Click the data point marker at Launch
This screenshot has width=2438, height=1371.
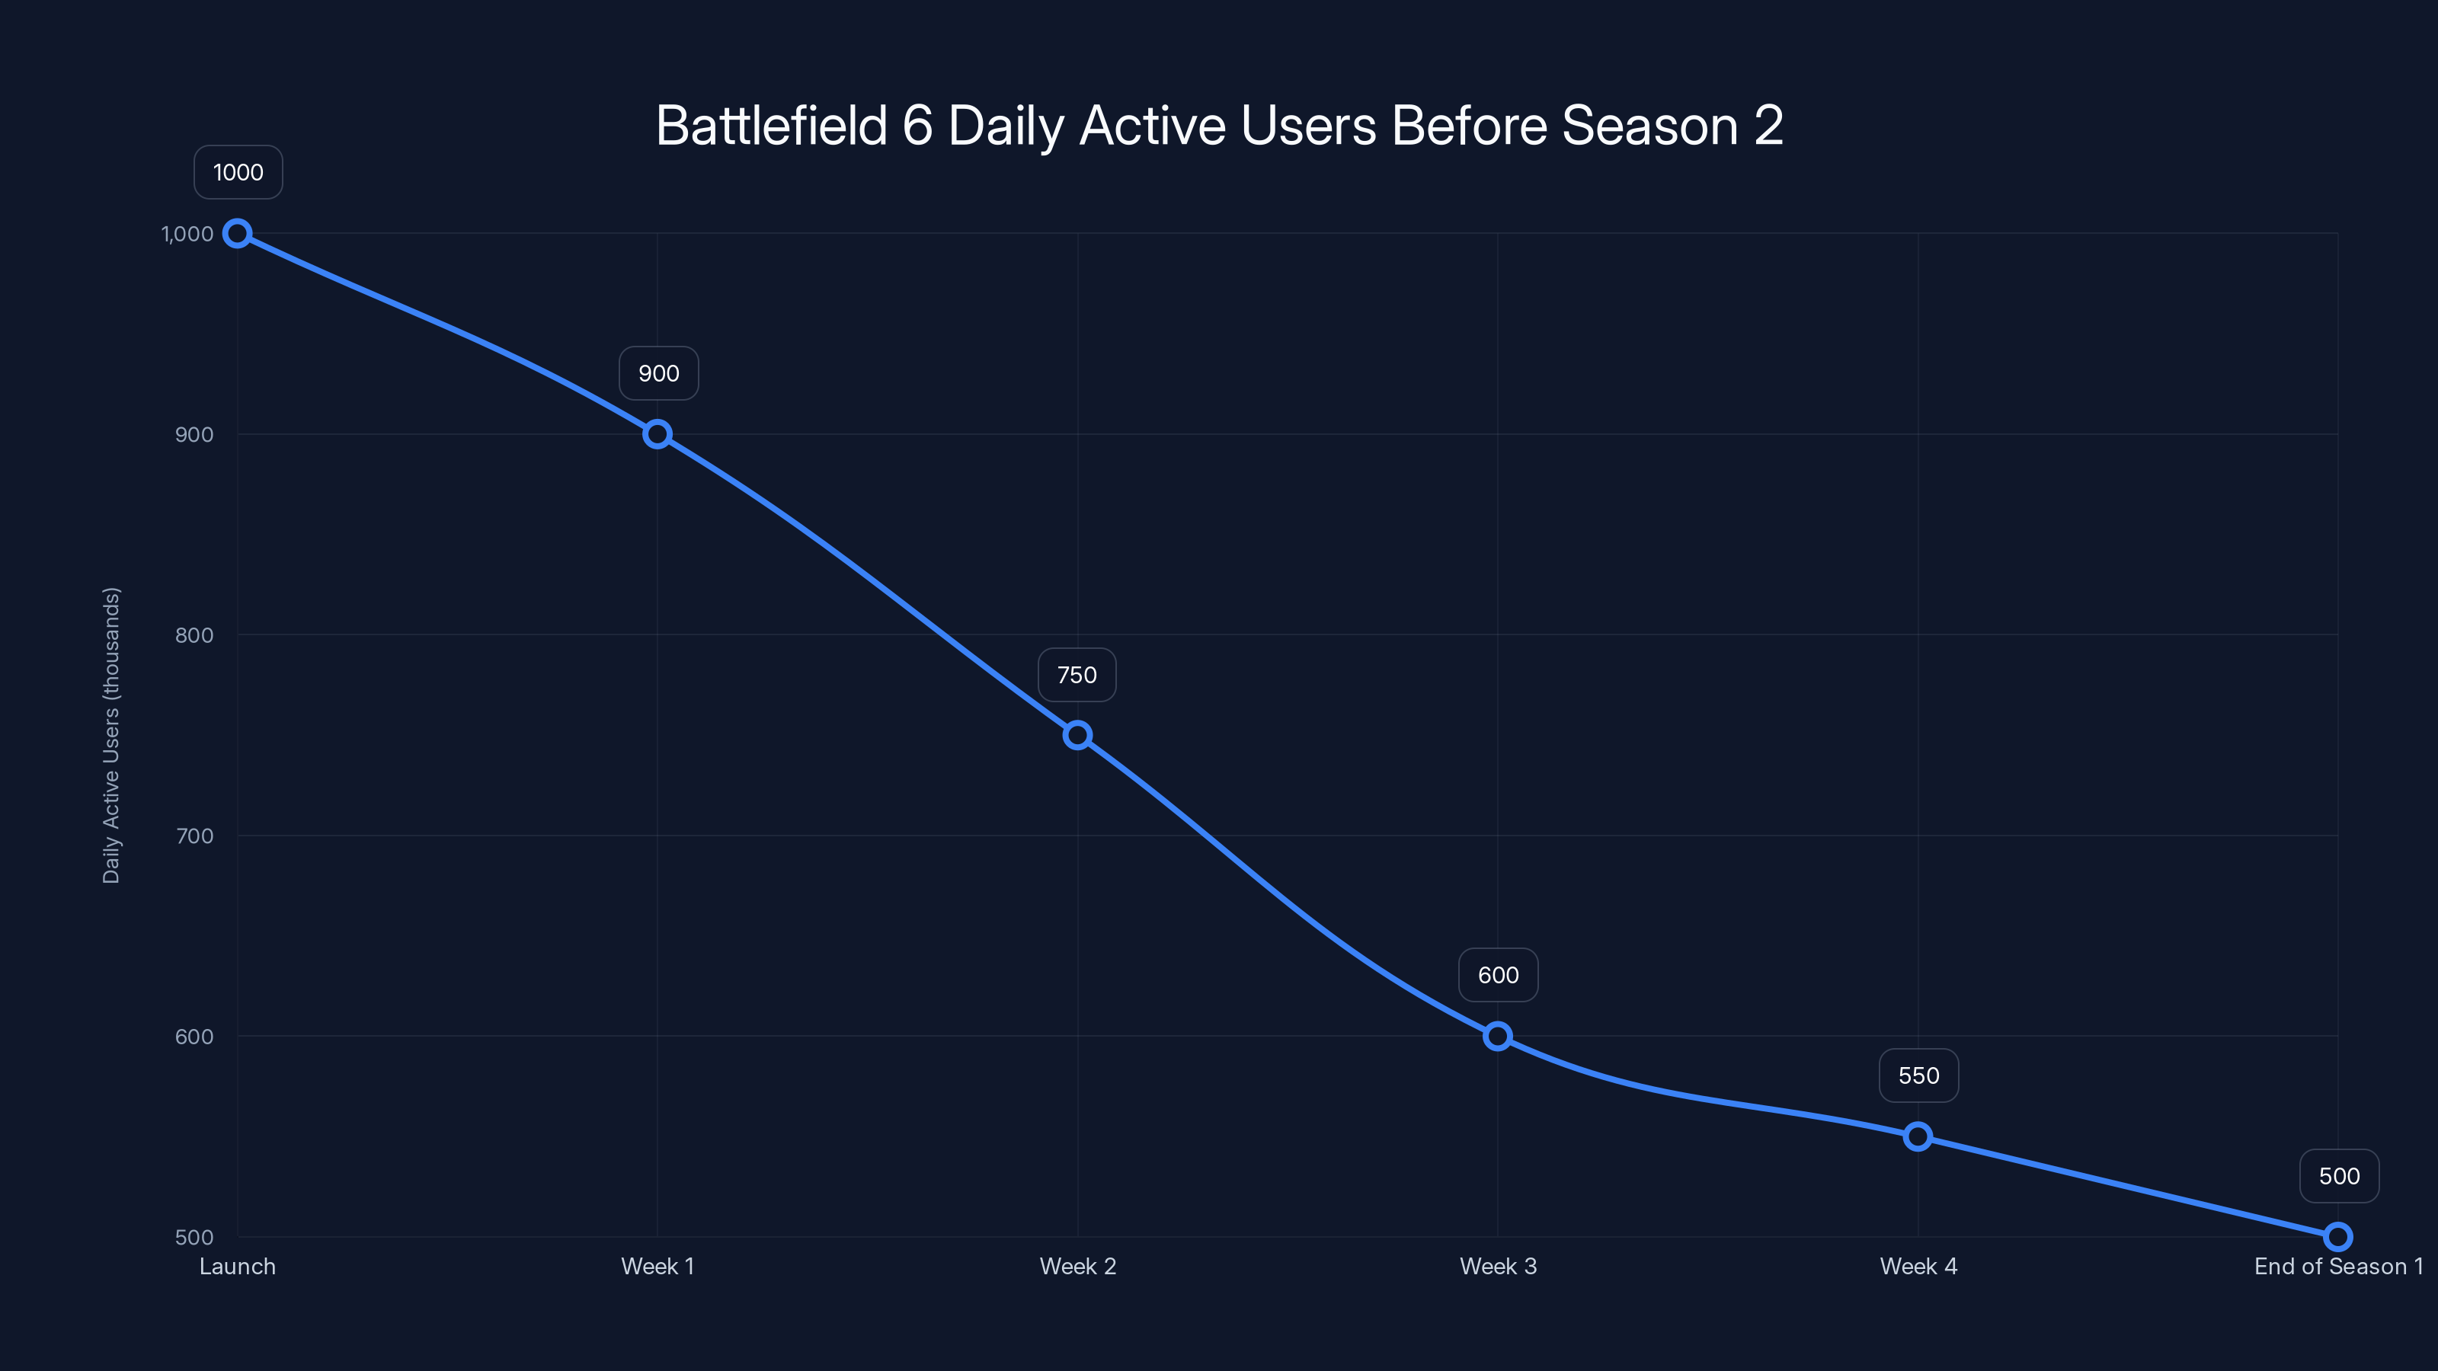point(237,234)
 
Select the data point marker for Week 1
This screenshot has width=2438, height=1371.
point(657,434)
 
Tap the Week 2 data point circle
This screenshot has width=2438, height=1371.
point(1077,735)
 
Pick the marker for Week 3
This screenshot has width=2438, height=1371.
point(1497,1036)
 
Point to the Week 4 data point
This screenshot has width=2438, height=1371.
point(1918,1136)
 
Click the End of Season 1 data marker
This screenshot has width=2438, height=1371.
point(2337,1237)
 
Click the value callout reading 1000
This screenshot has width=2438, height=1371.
point(238,172)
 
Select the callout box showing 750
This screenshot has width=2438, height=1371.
point(1077,675)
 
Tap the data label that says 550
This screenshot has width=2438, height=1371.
point(1918,1075)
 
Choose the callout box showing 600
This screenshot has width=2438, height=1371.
point(1498,976)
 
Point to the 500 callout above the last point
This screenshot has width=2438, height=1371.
point(2339,1176)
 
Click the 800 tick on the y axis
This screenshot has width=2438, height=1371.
point(194,635)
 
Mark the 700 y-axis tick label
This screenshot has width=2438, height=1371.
point(194,836)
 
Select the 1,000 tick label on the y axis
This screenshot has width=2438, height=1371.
point(187,234)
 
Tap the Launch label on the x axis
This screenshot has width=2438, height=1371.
point(237,1266)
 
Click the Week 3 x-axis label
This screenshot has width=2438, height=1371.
point(1497,1266)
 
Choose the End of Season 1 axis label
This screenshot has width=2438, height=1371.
point(2337,1266)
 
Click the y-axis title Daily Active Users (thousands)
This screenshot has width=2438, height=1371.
point(110,735)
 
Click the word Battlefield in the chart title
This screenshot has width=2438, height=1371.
point(771,126)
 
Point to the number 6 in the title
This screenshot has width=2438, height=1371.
point(917,126)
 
